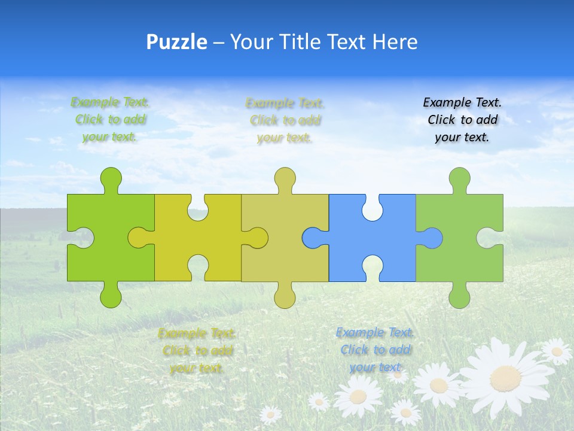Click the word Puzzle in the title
coord(177,42)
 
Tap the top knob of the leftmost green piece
coord(111,178)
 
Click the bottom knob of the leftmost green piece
coord(111,297)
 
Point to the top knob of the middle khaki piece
coord(285,178)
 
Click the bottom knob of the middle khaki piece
coord(285,297)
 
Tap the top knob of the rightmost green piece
coord(459,178)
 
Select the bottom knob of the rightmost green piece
coord(459,297)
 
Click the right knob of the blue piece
coord(432,238)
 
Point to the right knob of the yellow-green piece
coord(257,238)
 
